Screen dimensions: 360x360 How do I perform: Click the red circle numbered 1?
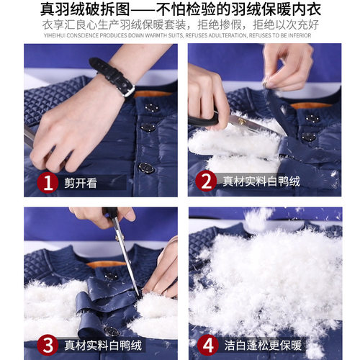[x=48, y=183]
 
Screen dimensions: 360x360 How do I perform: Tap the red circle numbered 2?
[x=206, y=181]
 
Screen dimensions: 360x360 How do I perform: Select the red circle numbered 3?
[x=48, y=346]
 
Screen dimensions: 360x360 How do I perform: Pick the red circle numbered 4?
[x=208, y=346]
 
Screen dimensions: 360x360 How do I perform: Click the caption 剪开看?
[x=81, y=183]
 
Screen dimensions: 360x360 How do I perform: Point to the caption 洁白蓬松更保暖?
[x=263, y=346]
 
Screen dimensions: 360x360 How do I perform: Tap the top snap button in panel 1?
[x=151, y=107]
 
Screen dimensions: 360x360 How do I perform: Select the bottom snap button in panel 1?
[x=145, y=168]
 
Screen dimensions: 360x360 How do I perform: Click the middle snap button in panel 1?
[x=148, y=127]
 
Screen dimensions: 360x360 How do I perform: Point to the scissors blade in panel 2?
[x=254, y=124]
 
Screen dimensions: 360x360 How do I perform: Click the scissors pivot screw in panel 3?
[x=118, y=238]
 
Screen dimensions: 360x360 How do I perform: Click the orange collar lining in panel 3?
[x=106, y=264]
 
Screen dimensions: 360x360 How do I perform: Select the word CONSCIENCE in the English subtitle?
[x=83, y=35]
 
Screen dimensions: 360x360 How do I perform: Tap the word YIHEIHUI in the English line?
[x=55, y=35]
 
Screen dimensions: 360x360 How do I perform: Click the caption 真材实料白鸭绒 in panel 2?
[x=261, y=181]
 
